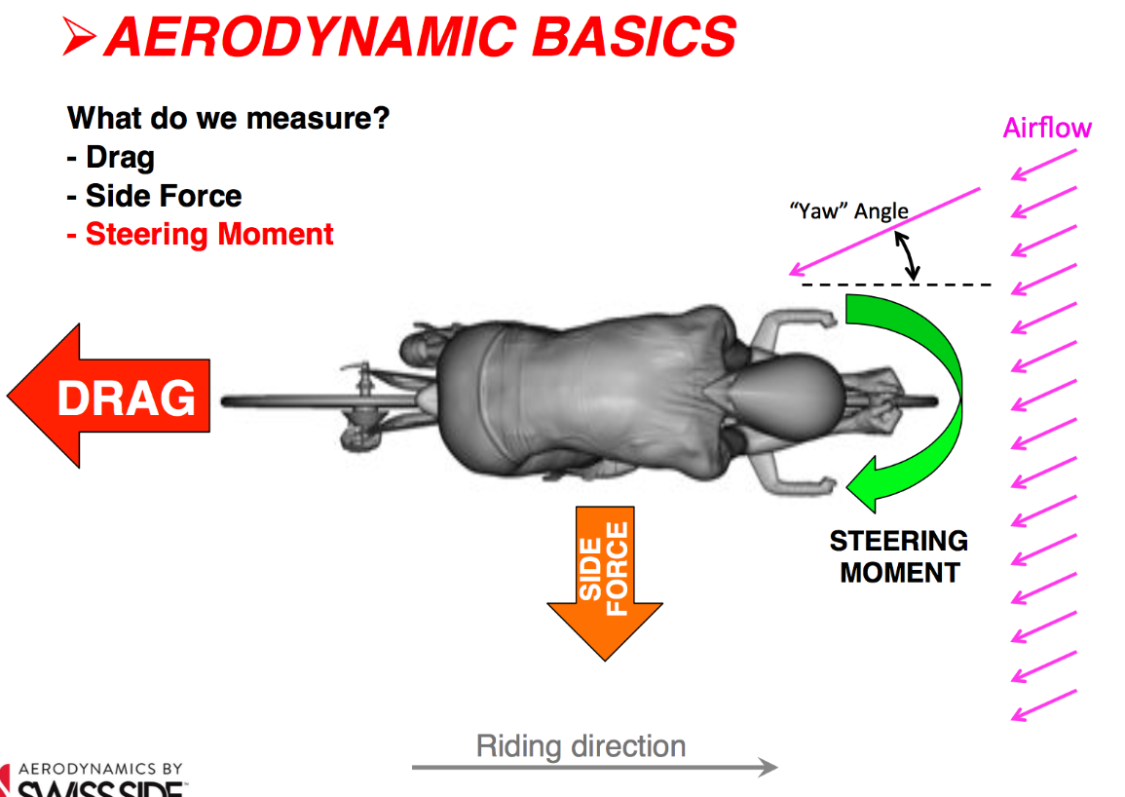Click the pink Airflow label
tap(1047, 128)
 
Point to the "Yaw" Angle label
tap(848, 210)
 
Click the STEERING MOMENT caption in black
tap(898, 556)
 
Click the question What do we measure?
tap(228, 119)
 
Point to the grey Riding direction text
tap(581, 746)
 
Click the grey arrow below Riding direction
tap(594, 768)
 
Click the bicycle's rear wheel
tap(292, 400)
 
